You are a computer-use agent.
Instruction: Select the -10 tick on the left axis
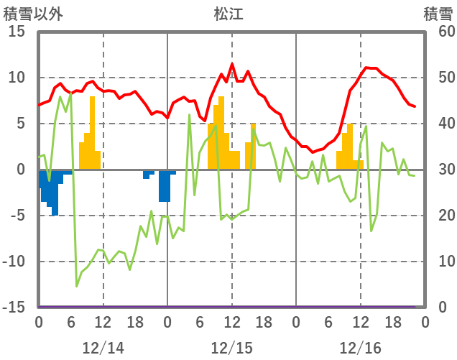coord(15,262)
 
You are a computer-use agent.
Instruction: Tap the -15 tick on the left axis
coord(15,308)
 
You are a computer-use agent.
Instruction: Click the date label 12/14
coord(103,348)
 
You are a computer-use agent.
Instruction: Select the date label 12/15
coord(231,348)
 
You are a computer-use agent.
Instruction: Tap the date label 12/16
coord(360,348)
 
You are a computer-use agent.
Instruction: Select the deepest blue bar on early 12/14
coord(55,193)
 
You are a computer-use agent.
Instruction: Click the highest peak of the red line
coord(232,64)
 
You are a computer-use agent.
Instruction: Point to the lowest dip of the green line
coord(77,286)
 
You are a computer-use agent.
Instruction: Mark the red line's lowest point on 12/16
coord(313,152)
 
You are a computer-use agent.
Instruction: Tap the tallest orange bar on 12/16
coord(350,147)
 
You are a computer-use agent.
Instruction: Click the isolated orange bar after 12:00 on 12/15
coord(253,147)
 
